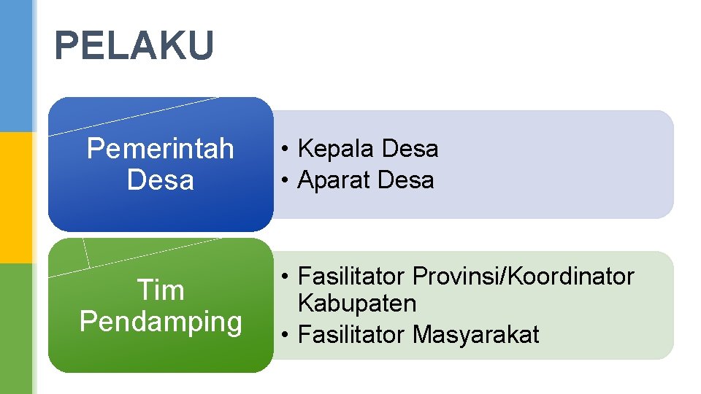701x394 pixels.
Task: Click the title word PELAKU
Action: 134,46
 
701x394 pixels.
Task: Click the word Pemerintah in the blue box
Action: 160,149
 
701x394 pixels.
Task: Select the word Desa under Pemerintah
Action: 160,179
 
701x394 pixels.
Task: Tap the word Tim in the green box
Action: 161,290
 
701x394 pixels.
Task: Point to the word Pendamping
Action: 161,322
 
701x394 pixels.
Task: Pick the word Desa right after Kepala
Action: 410,149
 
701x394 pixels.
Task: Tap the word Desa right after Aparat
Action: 405,180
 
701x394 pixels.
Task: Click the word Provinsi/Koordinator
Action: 524,277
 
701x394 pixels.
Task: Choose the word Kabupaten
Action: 357,304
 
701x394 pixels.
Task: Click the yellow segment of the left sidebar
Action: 16,197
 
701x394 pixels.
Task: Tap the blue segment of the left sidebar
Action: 16,66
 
